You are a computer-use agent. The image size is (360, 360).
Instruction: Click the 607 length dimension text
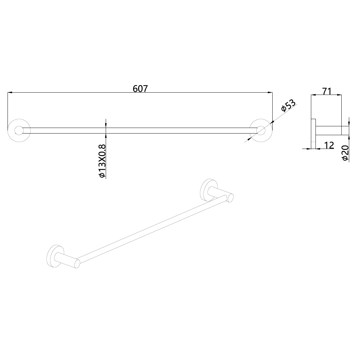click(x=140, y=89)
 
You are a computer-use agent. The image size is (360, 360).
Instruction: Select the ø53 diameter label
click(x=288, y=105)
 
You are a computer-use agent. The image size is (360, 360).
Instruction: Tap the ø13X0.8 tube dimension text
click(x=102, y=161)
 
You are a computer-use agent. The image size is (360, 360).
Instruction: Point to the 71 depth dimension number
click(x=327, y=91)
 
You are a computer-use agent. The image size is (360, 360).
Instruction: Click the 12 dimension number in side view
click(x=329, y=145)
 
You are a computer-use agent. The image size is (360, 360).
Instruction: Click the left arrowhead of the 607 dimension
click(x=10, y=93)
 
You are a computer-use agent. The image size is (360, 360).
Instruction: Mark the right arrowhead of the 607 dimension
click(x=270, y=93)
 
